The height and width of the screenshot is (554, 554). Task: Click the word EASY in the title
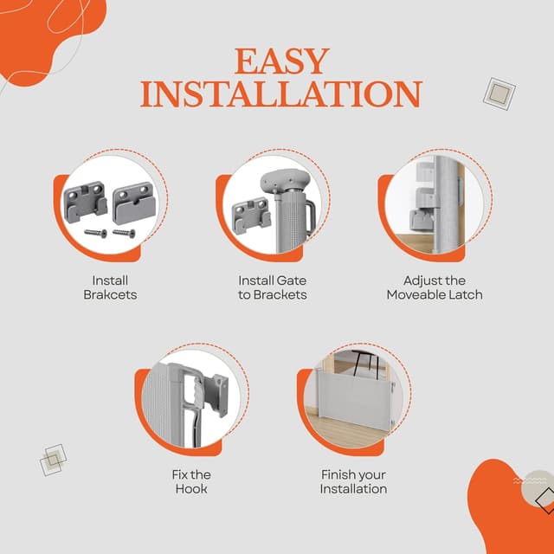tap(282, 61)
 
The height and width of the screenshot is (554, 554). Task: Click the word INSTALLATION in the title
tap(281, 94)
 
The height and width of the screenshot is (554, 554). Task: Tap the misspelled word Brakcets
tap(110, 294)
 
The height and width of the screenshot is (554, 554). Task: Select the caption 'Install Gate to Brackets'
tap(273, 287)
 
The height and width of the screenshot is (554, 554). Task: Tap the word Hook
tap(191, 489)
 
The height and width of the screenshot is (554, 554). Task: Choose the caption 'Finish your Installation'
tap(353, 482)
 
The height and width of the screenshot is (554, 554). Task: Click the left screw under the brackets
tap(95, 233)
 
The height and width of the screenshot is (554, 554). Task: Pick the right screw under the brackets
tap(124, 233)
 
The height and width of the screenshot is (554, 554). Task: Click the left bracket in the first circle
tap(85, 202)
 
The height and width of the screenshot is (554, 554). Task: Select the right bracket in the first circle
tap(134, 203)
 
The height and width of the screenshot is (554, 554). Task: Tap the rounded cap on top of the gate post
tap(285, 180)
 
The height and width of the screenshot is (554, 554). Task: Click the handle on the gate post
tap(311, 216)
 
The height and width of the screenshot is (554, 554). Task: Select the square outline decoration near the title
tap(499, 94)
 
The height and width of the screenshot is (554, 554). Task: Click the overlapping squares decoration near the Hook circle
tap(53, 460)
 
